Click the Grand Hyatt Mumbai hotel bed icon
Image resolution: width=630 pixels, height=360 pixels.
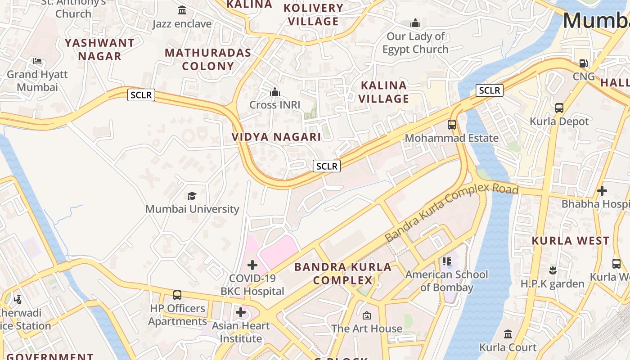pyautogui.click(x=37, y=61)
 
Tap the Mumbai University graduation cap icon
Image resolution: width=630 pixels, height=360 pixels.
pyautogui.click(x=192, y=196)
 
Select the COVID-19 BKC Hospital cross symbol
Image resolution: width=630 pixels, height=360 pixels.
pyautogui.click(x=252, y=265)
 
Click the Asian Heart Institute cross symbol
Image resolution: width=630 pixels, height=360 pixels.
pyautogui.click(x=241, y=312)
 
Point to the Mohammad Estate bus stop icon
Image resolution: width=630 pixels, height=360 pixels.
pyautogui.click(x=452, y=125)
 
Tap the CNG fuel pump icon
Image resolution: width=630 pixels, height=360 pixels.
pyautogui.click(x=584, y=63)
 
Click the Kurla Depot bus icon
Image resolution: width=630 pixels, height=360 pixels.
pyautogui.click(x=559, y=108)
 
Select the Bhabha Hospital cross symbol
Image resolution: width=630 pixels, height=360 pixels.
pyautogui.click(x=602, y=191)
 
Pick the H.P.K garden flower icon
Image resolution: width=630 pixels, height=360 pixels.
pyautogui.click(x=553, y=270)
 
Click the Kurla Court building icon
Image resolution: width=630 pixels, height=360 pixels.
pyautogui.click(x=508, y=334)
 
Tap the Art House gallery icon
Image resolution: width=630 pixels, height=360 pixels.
pyautogui.click(x=367, y=315)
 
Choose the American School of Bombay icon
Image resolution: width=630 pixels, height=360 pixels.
pyautogui.click(x=447, y=261)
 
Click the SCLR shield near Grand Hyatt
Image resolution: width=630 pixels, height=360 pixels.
pyautogui.click(x=141, y=95)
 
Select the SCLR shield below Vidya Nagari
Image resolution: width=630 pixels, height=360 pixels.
pyautogui.click(x=327, y=166)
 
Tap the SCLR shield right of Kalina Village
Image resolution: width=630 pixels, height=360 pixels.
pyautogui.click(x=489, y=90)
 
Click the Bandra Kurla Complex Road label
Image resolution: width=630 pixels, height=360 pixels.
pyautogui.click(x=451, y=212)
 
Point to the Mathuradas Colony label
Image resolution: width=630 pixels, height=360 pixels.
pyautogui.click(x=208, y=59)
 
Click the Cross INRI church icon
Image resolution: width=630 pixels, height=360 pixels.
pyautogui.click(x=275, y=92)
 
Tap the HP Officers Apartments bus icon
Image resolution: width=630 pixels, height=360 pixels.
pyautogui.click(x=177, y=295)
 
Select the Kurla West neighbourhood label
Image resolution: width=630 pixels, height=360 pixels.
pyautogui.click(x=571, y=241)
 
